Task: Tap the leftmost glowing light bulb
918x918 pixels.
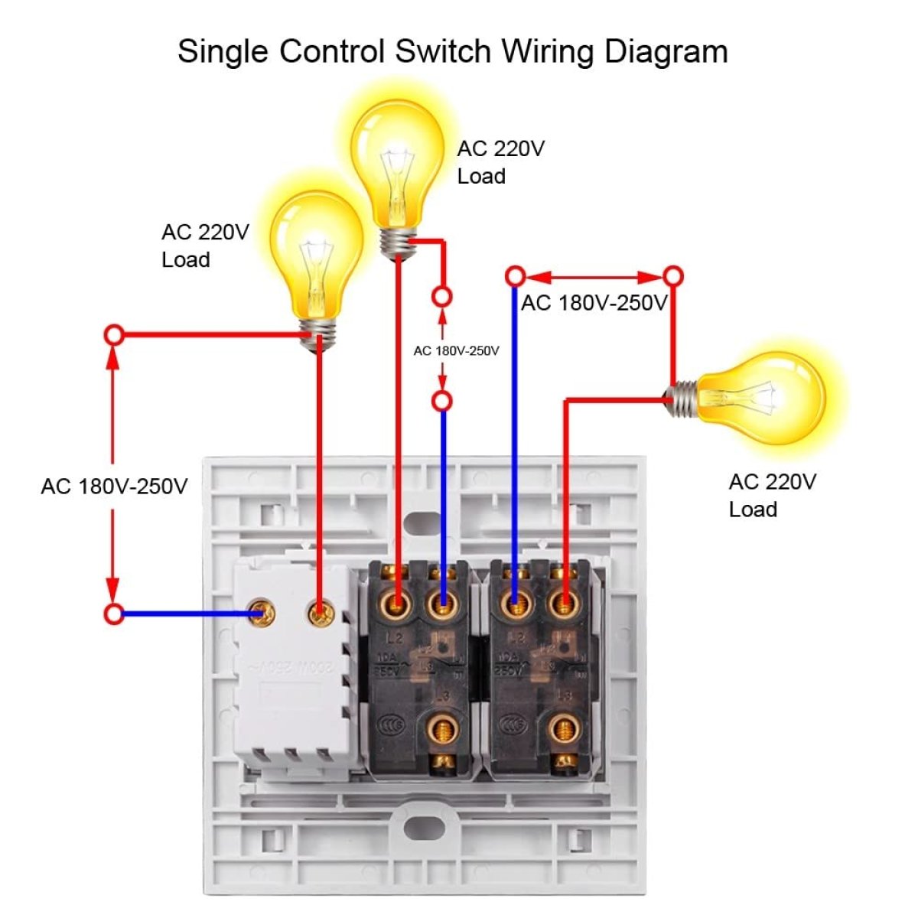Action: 315,256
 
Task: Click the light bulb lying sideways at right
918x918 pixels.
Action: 761,398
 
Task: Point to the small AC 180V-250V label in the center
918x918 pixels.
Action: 456,350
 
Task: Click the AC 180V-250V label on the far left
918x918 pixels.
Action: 114,487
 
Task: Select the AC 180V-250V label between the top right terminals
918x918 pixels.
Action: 594,303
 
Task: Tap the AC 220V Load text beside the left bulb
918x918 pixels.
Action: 205,246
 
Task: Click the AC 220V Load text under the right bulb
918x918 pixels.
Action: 772,496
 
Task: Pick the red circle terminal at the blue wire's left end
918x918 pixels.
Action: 114,614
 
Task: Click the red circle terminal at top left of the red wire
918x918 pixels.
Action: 114,334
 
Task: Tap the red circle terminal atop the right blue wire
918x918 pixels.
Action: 516,275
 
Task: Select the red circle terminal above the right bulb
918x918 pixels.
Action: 672,275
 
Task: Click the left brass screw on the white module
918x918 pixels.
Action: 265,612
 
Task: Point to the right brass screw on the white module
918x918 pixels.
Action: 319,612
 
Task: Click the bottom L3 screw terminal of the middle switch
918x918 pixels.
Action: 441,731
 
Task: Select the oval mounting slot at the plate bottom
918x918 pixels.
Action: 423,827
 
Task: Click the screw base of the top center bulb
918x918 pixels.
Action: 398,243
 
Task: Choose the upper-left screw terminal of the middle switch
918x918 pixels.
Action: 397,604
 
